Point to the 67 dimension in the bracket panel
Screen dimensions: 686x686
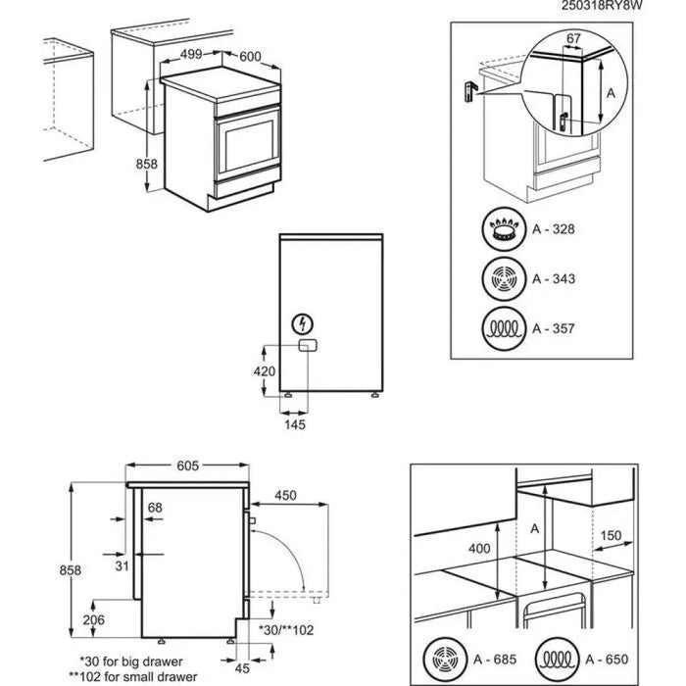pyautogui.click(x=574, y=39)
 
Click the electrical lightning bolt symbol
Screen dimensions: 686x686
pyautogui.click(x=304, y=323)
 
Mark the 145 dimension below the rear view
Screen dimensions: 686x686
pyautogui.click(x=295, y=424)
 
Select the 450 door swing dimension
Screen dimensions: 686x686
pyautogui.click(x=285, y=495)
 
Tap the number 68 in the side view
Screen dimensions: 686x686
pyautogui.click(x=155, y=508)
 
